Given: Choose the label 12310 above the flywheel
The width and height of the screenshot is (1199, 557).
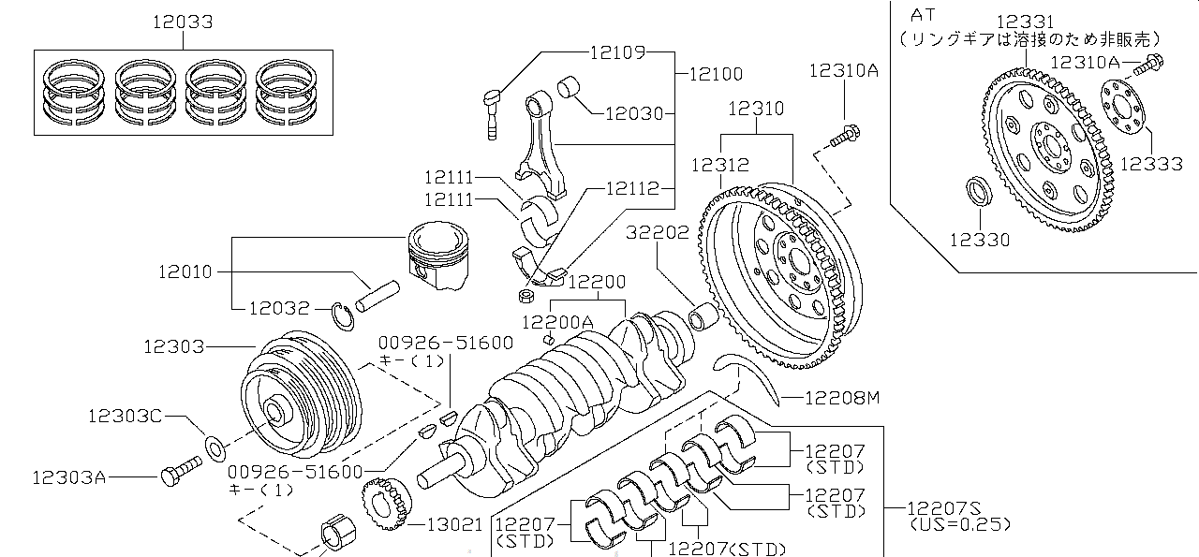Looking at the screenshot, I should (x=755, y=109).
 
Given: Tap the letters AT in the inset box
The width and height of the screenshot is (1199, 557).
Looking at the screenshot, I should (x=924, y=15).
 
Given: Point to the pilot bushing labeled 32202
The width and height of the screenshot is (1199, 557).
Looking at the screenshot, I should (x=703, y=316).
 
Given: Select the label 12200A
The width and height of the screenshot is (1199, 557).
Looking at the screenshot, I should (x=557, y=321).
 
